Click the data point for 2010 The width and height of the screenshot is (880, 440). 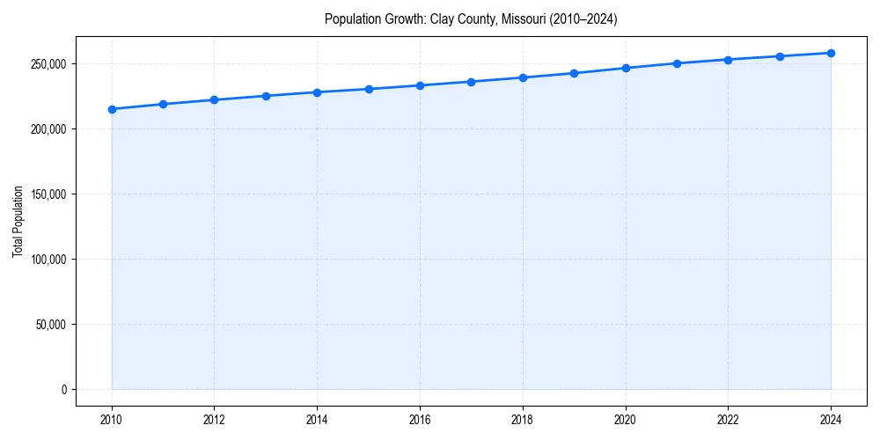coord(112,109)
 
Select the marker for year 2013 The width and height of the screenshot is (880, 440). coord(266,96)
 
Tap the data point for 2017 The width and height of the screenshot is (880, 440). coord(472,82)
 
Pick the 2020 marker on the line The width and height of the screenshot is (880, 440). coord(626,68)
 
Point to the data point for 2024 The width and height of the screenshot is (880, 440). coord(831,53)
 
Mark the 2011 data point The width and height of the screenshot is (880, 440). coord(163,104)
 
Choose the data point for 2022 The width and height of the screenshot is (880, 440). coord(729,60)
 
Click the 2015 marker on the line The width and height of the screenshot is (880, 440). coord(369,89)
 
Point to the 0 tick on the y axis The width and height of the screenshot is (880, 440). coord(63,390)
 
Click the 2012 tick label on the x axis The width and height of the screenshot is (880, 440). coord(214,420)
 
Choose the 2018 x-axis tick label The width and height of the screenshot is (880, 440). coord(523,420)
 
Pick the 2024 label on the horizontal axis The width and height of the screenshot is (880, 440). coord(831,420)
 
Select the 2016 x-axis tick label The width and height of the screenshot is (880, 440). coord(420,420)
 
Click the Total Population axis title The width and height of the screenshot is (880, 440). coord(18,221)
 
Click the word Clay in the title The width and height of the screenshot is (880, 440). coord(441,18)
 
